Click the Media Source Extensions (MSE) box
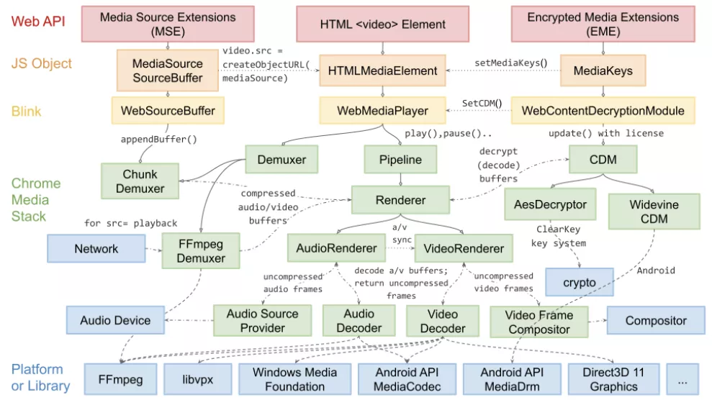pos(167,24)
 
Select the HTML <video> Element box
pos(382,24)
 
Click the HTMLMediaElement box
pos(382,70)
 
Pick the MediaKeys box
pos(602,70)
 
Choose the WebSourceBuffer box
pos(168,111)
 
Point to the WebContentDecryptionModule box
pos(603,111)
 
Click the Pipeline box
pos(400,158)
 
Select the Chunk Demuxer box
pos(140,181)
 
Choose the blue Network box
pos(96,249)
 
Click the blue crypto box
pos(580,283)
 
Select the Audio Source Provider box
pos(262,321)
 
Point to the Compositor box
pos(656,321)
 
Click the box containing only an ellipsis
pos(682,379)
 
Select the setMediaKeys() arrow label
pos(510,63)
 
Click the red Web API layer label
pos(37,21)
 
